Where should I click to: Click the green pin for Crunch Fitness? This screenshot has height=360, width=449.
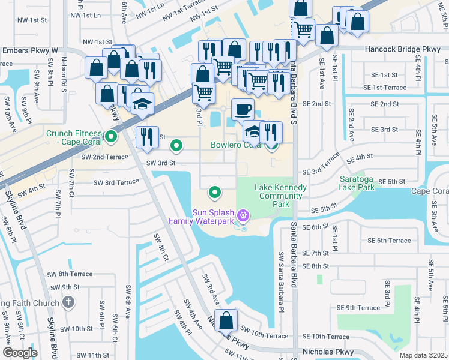pyautogui.click(x=111, y=137)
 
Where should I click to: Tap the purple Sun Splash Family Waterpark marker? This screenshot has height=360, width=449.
pyautogui.click(x=243, y=214)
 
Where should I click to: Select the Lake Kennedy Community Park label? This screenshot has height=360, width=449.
pyautogui.click(x=280, y=196)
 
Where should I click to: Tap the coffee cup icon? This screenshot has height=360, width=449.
pyautogui.click(x=243, y=109)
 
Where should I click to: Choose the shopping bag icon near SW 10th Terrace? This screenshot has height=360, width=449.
pyautogui.click(x=226, y=320)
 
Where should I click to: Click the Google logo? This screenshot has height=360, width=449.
pyautogui.click(x=20, y=353)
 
